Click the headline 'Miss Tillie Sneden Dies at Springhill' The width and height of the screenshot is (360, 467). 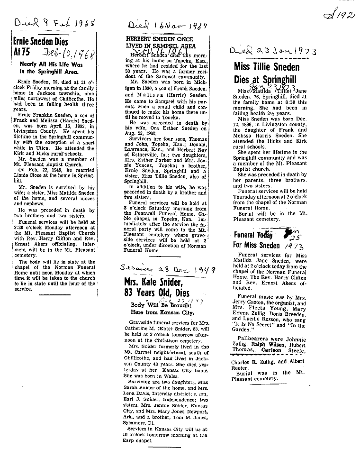coord(267,73)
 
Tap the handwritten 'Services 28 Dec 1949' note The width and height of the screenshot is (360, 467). coord(168,271)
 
